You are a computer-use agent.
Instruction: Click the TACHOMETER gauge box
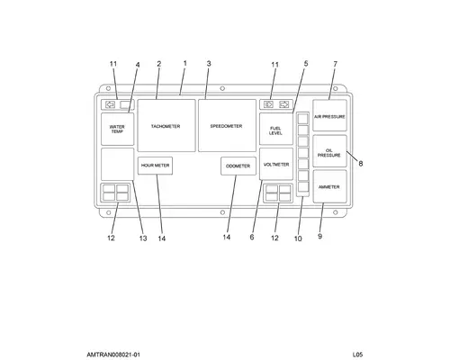[x=166, y=126]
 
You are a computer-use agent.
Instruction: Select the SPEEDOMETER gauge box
[x=227, y=126]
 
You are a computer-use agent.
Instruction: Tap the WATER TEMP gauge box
[x=118, y=130]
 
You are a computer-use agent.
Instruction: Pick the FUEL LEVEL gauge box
[x=276, y=129]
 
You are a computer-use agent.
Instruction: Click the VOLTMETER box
[x=276, y=164]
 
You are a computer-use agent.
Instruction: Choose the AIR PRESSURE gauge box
[x=329, y=115]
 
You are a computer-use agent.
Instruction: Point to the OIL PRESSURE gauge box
[x=329, y=151]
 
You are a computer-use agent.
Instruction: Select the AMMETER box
[x=329, y=186]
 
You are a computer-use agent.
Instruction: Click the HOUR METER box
[x=155, y=166]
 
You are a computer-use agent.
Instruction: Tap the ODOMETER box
[x=238, y=166]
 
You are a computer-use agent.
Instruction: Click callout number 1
[x=185, y=64]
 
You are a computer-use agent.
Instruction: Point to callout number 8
[x=361, y=164]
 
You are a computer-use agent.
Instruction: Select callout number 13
[x=143, y=238]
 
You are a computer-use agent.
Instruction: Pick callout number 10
[x=298, y=238]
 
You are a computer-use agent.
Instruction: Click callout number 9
[x=320, y=237]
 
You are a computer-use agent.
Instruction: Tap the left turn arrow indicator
[x=111, y=104]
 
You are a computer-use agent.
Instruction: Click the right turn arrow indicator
[x=283, y=104]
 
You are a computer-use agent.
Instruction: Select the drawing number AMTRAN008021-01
[x=113, y=355]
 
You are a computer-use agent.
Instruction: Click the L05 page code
[x=357, y=355]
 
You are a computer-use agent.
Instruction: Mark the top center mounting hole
[x=222, y=88]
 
